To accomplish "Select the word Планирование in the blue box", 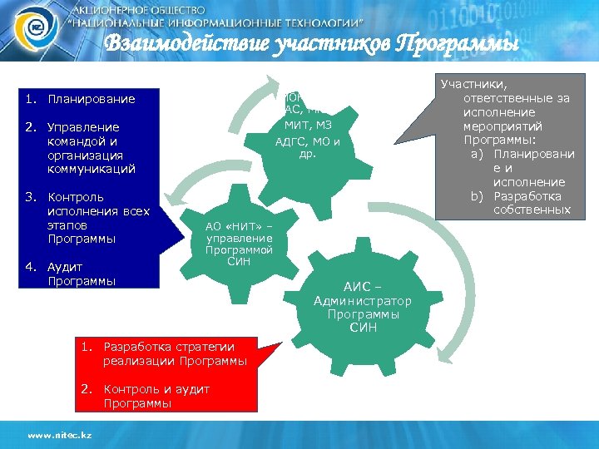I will tap(92, 100).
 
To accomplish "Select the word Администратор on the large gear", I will tap(363, 300).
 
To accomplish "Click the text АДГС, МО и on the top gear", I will tap(308, 141).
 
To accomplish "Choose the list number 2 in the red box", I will tap(86, 389).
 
